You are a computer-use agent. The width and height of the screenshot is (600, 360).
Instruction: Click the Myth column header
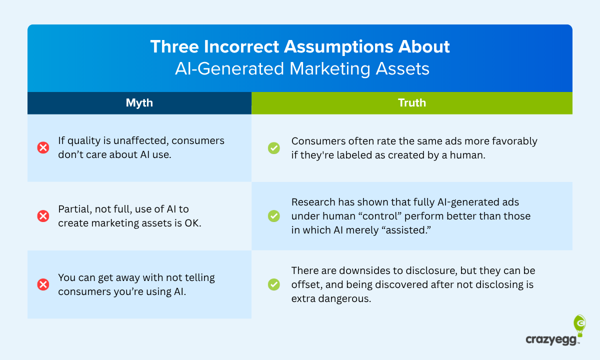139,103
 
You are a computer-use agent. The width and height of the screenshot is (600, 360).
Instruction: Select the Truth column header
411,103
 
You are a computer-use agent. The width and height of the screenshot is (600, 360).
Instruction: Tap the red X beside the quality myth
43,147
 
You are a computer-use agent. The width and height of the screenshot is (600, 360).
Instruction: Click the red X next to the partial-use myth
43,216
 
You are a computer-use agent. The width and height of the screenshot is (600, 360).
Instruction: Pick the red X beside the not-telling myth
43,284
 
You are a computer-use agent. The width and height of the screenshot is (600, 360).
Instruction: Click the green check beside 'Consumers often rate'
273,147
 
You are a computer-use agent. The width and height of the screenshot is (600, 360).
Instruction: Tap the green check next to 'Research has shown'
273,216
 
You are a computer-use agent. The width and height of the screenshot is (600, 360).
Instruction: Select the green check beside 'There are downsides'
273,284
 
